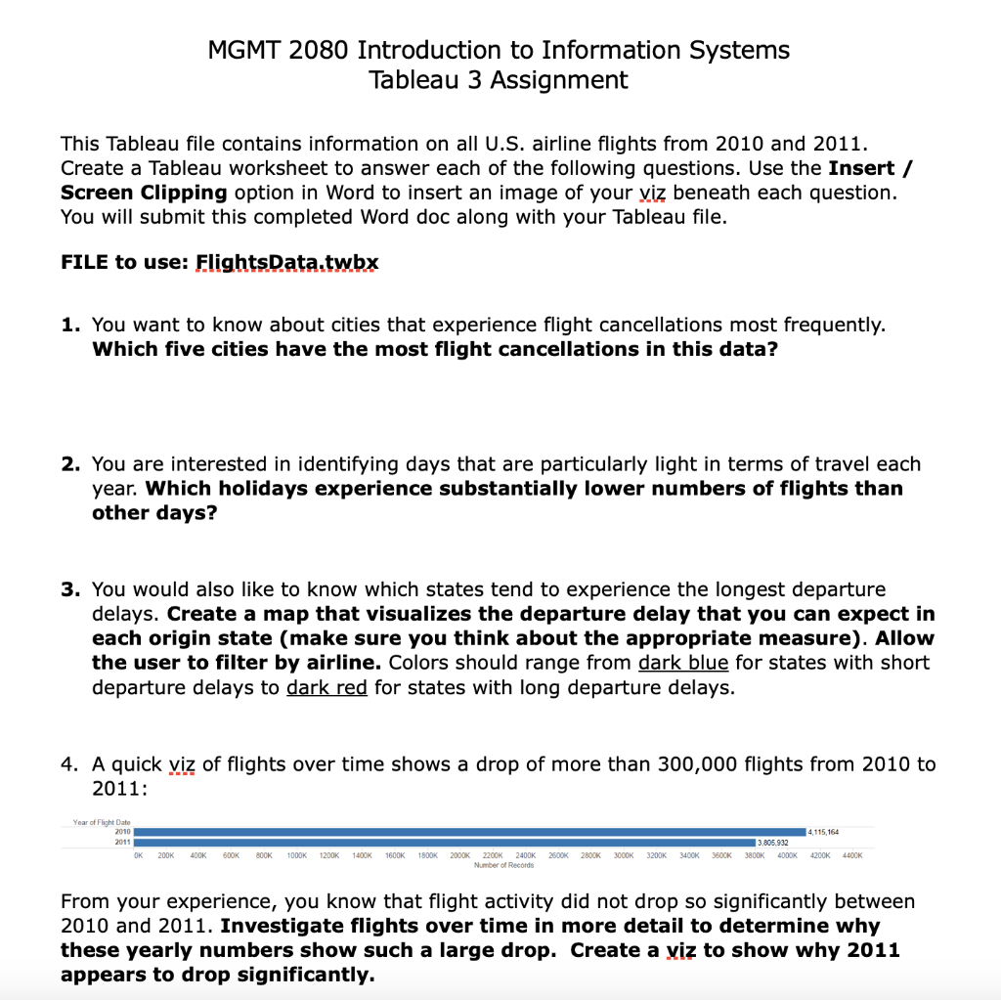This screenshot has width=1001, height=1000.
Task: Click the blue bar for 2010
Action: pyautogui.click(x=469, y=831)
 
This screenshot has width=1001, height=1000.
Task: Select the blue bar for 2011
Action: pyautogui.click(x=445, y=842)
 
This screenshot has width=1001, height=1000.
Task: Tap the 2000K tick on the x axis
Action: pyautogui.click(x=460, y=856)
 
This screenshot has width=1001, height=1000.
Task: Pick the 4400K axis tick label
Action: pyautogui.click(x=851, y=856)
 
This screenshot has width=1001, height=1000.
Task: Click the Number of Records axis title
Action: pyautogui.click(x=502, y=866)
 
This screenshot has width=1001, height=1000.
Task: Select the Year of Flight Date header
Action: pyautogui.click(x=102, y=822)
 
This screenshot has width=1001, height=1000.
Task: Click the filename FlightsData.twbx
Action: pyautogui.click(x=286, y=263)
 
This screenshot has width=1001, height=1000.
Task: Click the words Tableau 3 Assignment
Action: pyautogui.click(x=499, y=80)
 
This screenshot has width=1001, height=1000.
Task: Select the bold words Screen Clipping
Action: pyautogui.click(x=144, y=193)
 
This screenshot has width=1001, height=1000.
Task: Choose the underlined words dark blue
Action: pyautogui.click(x=683, y=663)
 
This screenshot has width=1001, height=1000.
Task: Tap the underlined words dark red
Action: pyautogui.click(x=326, y=687)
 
